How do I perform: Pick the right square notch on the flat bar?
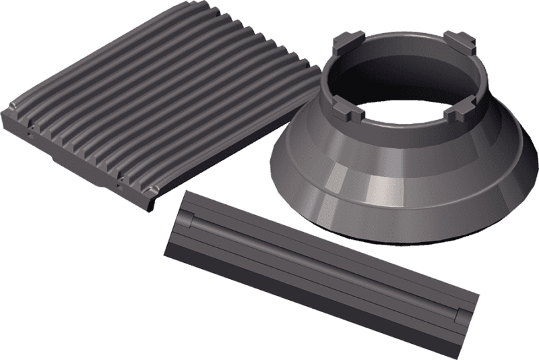pyautogui.click(x=459, y=315)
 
